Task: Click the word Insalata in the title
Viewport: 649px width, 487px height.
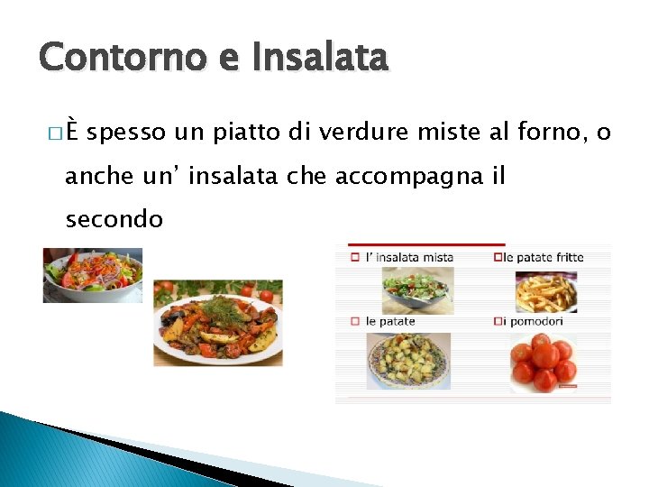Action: (x=321, y=58)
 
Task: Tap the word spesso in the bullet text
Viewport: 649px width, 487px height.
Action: (x=127, y=133)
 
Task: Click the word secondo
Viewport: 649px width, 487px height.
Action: (x=114, y=219)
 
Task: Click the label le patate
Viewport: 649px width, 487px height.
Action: (x=390, y=321)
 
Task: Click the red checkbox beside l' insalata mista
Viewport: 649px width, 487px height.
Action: (x=354, y=257)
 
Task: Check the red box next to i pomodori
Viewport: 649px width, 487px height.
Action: (x=498, y=321)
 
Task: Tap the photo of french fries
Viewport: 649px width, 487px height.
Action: (x=545, y=290)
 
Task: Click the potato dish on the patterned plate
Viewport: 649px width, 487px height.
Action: (x=407, y=362)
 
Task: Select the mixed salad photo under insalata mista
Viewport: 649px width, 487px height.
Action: (x=414, y=289)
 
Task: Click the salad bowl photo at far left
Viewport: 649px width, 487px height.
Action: (x=92, y=276)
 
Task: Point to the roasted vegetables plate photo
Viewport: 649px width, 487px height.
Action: (x=217, y=323)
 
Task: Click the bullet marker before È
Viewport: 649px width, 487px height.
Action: (x=71, y=134)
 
